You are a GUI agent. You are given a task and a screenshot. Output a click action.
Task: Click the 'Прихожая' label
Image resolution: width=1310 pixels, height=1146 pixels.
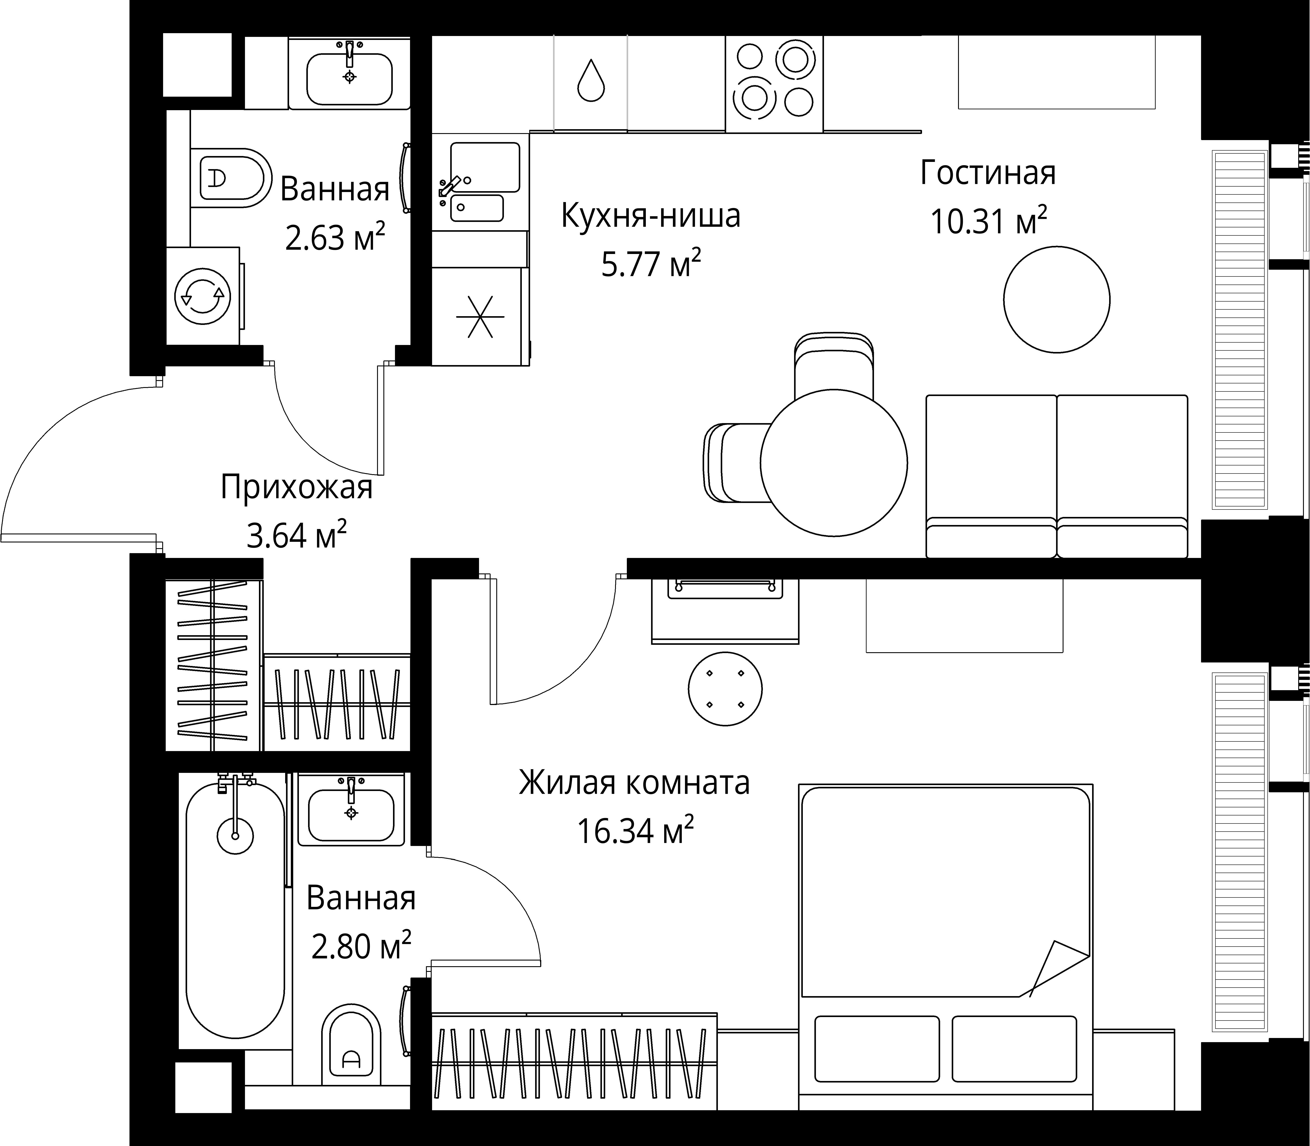pyautogui.click(x=296, y=487)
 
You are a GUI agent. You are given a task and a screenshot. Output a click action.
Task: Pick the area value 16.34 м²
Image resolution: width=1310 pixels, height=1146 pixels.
pyautogui.click(x=635, y=831)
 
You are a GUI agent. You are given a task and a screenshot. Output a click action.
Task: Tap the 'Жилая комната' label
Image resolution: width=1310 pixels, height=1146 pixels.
pyautogui.click(x=634, y=783)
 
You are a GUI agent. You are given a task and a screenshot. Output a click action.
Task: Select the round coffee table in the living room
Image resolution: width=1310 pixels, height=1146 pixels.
pyautogui.click(x=1057, y=300)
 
